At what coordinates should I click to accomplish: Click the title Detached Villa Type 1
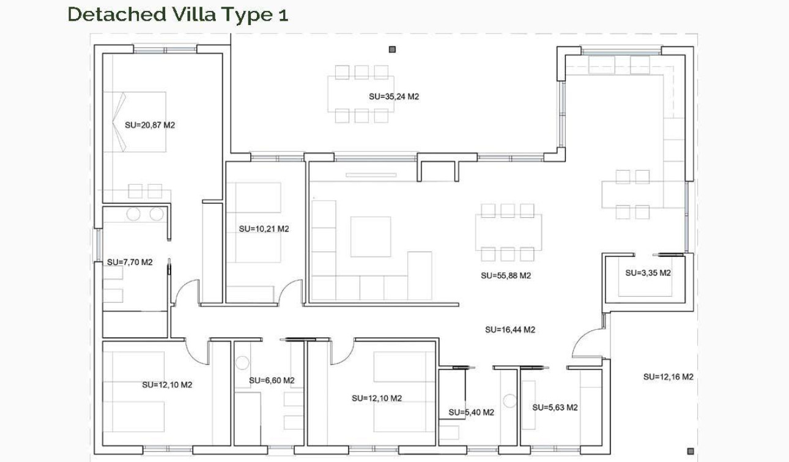pyautogui.click(x=177, y=14)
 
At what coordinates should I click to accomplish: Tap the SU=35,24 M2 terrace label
pyautogui.click(x=394, y=97)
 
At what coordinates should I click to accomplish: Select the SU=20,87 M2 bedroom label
pyautogui.click(x=150, y=125)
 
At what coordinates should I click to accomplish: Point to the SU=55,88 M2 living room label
pyautogui.click(x=506, y=275)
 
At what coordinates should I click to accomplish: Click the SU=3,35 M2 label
pyautogui.click(x=648, y=273)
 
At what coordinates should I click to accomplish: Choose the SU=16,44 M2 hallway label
pyautogui.click(x=510, y=330)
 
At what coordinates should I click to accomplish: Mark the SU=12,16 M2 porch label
pyautogui.click(x=668, y=377)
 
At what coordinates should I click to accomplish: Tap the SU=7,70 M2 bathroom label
pyautogui.click(x=130, y=262)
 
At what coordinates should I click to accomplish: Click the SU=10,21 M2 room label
pyautogui.click(x=264, y=229)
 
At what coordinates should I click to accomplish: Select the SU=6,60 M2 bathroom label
pyautogui.click(x=272, y=381)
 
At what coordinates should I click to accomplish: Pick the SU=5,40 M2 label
pyautogui.click(x=471, y=412)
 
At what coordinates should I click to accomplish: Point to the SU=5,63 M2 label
pyautogui.click(x=555, y=408)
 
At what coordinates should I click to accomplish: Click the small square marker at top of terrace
pyautogui.click(x=392, y=50)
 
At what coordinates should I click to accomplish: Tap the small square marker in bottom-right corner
pyautogui.click(x=691, y=452)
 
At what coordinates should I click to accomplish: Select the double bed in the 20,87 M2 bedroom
pyautogui.click(x=135, y=122)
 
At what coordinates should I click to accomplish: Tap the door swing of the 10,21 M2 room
pyautogui.click(x=290, y=291)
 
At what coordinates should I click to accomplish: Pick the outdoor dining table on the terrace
pyautogui.click(x=361, y=94)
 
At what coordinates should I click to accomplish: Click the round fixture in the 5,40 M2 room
pyautogui.click(x=510, y=401)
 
